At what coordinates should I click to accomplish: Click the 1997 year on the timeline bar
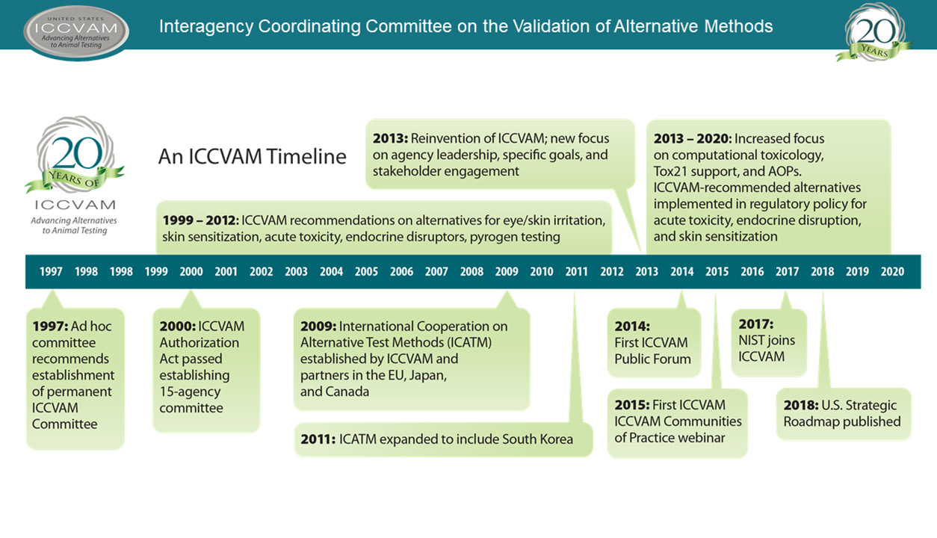coord(51,271)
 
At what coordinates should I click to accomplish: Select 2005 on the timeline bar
coord(366,271)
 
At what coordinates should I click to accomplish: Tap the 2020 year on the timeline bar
coord(892,271)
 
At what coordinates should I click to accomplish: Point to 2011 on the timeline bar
coord(576,271)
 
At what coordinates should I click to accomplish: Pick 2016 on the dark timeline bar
coord(752,271)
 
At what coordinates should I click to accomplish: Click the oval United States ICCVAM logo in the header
coord(76,33)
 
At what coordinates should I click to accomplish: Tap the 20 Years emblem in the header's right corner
coord(873,32)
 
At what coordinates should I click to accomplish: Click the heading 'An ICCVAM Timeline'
coord(253,156)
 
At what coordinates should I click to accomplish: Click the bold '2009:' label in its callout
coord(318,327)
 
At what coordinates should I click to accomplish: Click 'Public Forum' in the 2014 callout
coord(652,359)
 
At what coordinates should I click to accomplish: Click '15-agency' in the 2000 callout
coord(190,392)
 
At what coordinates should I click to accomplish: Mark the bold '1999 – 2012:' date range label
coord(201,220)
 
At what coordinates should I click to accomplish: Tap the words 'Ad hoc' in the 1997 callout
coord(91,327)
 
